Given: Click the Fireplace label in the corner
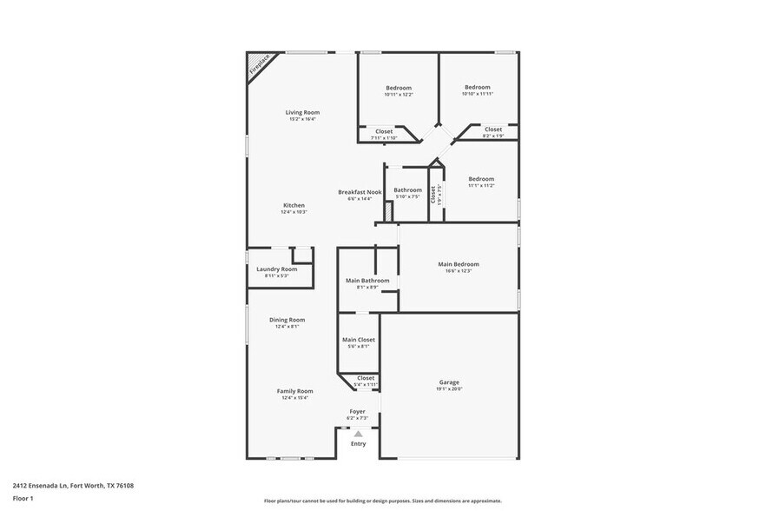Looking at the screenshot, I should pos(258,65).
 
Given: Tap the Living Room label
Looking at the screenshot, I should pos(303,112).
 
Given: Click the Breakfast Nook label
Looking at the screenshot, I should pos(360,191).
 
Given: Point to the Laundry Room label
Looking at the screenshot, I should pos(276,269).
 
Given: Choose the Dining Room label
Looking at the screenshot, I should pos(287,320).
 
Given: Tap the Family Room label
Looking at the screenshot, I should pos(294,391).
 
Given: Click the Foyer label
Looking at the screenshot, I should pos(357,411).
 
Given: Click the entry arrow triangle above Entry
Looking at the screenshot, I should pos(357,433).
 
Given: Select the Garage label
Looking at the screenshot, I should pos(449,382).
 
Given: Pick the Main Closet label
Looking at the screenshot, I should pos(358,340).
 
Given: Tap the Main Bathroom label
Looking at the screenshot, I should pos(367,281).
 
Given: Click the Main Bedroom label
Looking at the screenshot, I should pos(458,264).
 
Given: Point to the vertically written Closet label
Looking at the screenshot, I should pos(433,195).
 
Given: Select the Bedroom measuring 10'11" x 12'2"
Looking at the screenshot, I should pos(398,88).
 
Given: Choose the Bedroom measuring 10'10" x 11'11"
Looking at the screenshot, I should pos(477,87).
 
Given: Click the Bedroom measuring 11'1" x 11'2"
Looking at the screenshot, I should pos(480,179).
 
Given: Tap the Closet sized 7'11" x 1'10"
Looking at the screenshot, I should pos(383,131).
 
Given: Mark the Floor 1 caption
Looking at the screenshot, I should pos(23,499).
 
